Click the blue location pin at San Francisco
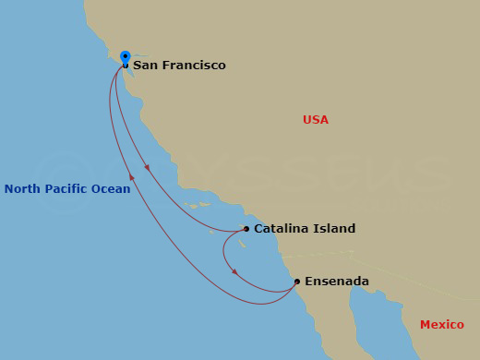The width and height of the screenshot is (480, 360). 126,57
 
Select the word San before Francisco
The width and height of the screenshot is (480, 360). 144,66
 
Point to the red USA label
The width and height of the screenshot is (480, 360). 316,120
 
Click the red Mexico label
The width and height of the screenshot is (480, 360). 441,325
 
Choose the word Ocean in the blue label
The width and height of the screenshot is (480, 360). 112,189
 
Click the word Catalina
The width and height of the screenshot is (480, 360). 282,229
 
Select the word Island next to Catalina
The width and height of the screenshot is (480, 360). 334,229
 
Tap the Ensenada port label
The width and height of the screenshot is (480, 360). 337,282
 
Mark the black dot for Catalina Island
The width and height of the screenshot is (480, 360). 246,229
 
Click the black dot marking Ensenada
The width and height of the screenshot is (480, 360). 297,282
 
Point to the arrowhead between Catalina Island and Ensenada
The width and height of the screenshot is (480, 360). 234,271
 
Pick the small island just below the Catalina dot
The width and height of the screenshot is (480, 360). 241,244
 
